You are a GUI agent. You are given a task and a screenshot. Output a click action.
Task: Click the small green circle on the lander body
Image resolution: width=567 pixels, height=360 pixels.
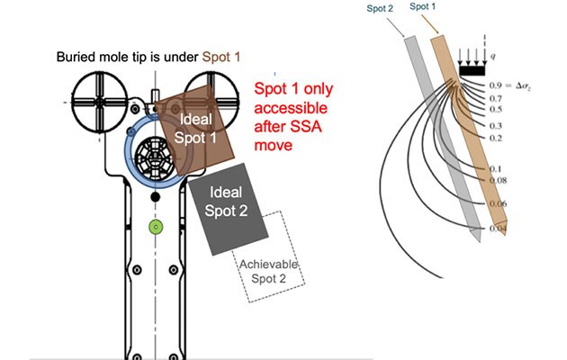155,227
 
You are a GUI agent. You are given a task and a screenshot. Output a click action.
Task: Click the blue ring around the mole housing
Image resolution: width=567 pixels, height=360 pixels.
127,153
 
